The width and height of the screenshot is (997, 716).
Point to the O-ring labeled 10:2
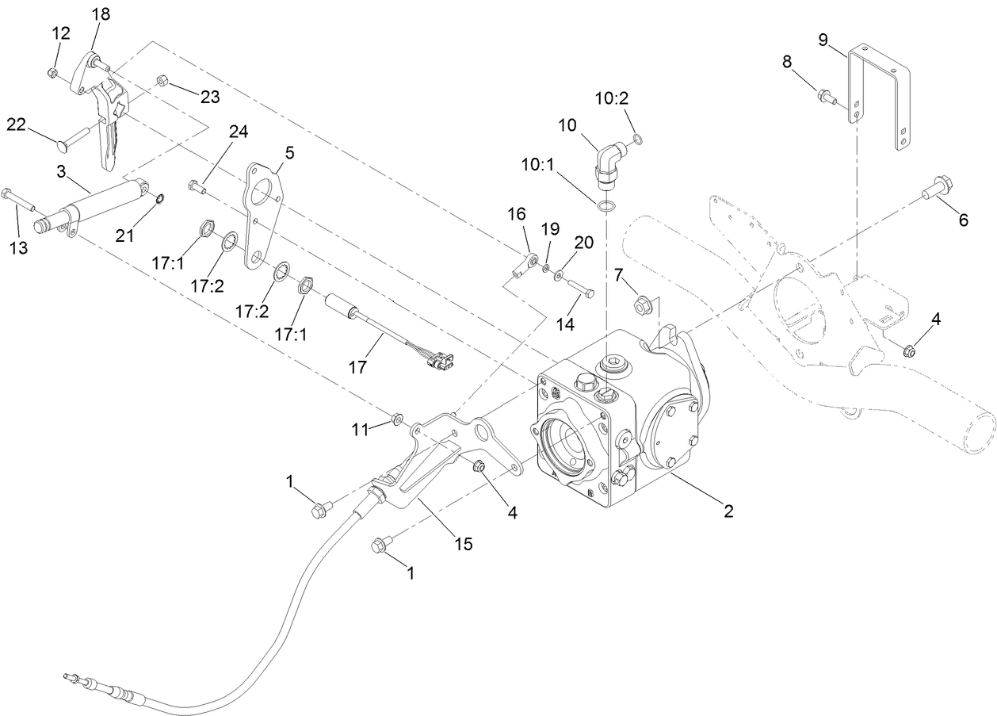tap(639, 140)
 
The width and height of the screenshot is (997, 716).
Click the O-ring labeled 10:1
tap(606, 207)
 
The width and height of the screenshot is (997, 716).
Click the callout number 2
tap(728, 511)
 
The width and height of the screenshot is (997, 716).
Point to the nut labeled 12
tap(52, 73)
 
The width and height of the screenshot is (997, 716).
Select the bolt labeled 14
tap(579, 290)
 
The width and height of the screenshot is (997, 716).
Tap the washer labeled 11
tap(397, 416)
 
